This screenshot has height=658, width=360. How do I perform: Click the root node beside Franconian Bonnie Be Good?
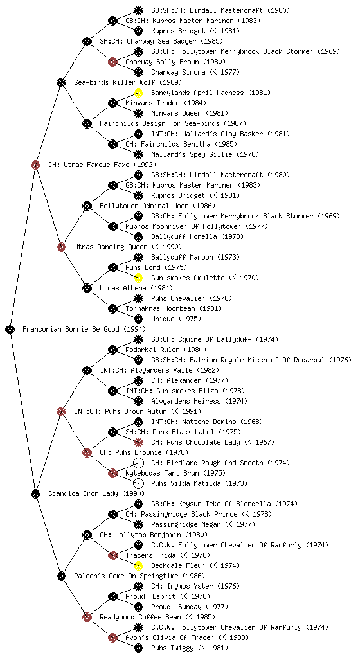coord(10,329)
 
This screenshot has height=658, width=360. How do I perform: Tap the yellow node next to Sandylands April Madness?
coord(138,93)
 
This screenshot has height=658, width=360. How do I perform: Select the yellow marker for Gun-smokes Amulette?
coord(138,278)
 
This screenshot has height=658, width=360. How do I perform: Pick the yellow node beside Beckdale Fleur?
coord(138,565)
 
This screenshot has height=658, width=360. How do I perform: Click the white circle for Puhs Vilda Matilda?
coord(138,483)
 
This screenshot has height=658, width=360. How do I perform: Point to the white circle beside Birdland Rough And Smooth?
coord(138,463)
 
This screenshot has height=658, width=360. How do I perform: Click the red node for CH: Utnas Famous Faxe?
coord(35,164)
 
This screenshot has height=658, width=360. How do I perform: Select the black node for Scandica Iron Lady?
coord(35,493)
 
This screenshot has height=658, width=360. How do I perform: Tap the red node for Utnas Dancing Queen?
coord(61,247)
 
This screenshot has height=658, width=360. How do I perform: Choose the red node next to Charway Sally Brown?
coord(113,62)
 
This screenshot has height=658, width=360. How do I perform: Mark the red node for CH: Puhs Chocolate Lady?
coord(138,442)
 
